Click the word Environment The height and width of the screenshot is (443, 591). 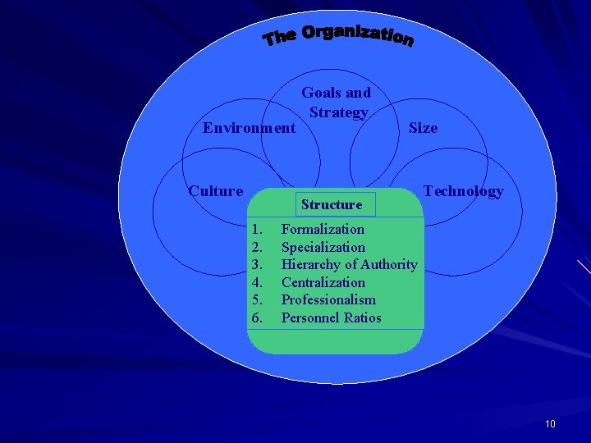click(250, 128)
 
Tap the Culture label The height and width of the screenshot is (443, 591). click(216, 191)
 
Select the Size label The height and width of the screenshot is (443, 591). click(423, 128)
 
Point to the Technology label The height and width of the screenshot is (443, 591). click(463, 191)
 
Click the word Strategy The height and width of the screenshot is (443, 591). click(338, 112)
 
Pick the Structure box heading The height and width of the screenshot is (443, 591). click(332, 204)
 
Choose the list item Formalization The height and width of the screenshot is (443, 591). click(323, 229)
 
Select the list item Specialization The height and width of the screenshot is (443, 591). click(323, 247)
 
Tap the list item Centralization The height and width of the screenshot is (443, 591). click(323, 282)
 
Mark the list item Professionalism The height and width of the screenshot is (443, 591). click(328, 299)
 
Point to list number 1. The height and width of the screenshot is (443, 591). click(257, 229)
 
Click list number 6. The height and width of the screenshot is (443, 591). click(257, 317)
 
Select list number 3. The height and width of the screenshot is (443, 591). click(257, 264)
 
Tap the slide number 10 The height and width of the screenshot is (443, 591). click(550, 423)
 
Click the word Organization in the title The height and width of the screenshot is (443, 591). click(357, 34)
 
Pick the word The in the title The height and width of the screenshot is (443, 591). click(279, 38)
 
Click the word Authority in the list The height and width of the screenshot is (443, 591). click(388, 264)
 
